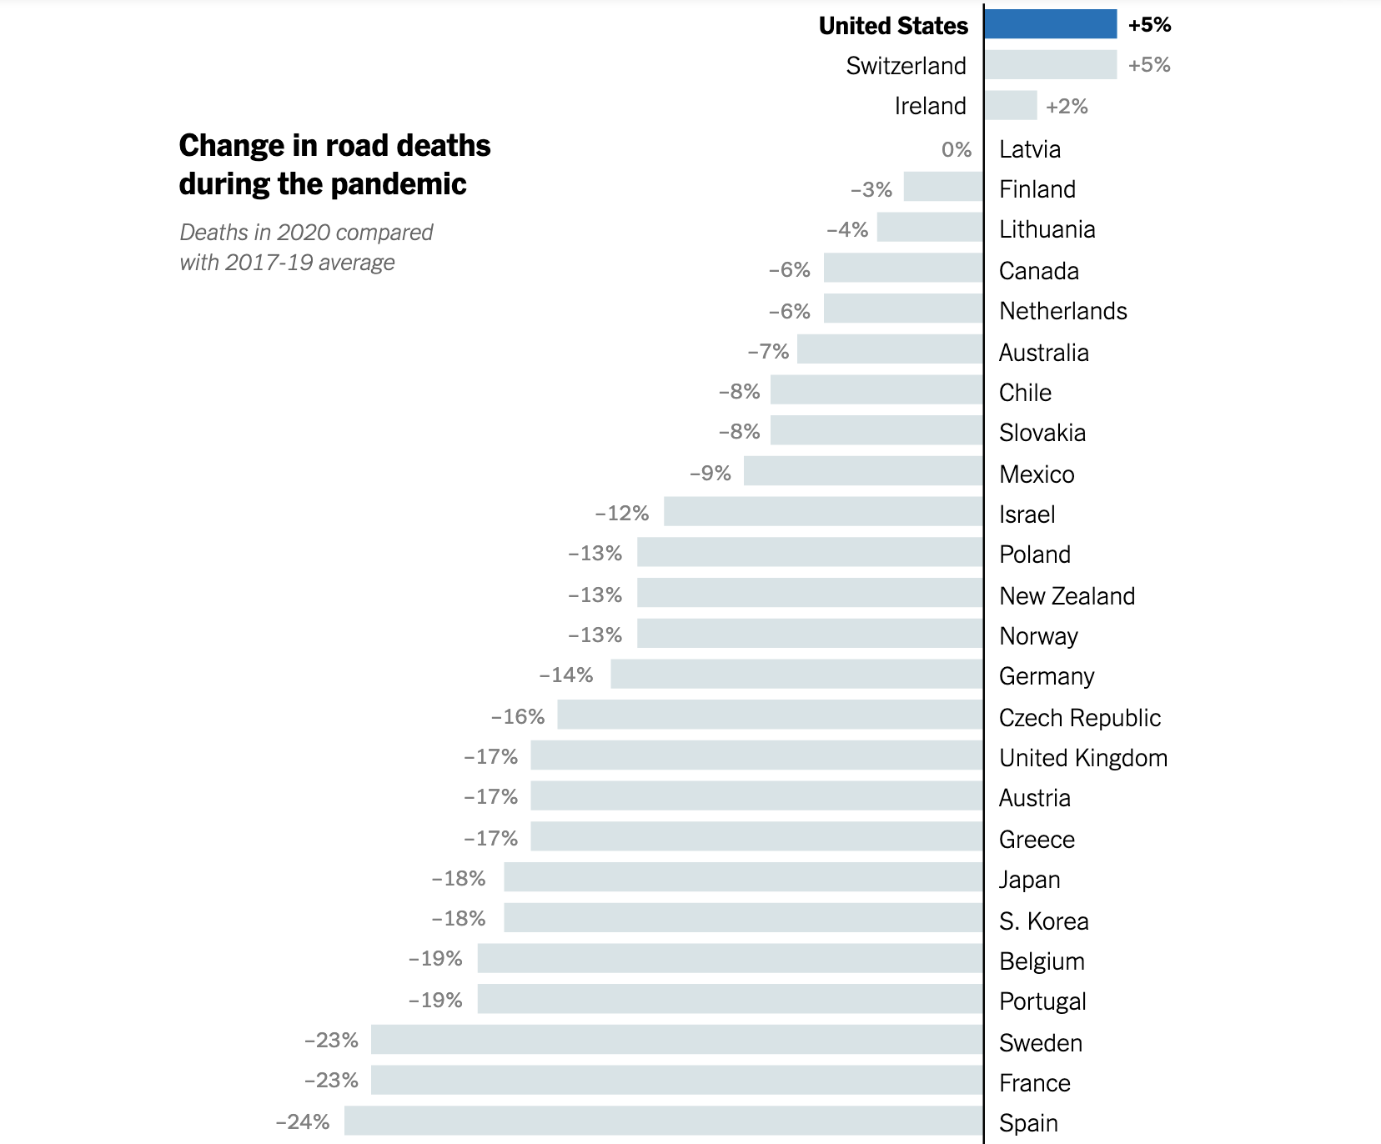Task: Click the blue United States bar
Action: click(x=1050, y=24)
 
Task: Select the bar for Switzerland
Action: click(x=1050, y=64)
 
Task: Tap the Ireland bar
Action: click(x=1010, y=105)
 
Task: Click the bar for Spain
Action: click(x=664, y=1121)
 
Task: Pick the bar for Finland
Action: click(x=943, y=187)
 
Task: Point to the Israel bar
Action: click(x=823, y=511)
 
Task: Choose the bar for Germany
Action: click(x=796, y=674)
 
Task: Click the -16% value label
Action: click(x=518, y=716)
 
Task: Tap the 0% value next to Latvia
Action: click(x=957, y=149)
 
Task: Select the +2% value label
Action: click(x=1067, y=106)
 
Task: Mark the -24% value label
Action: click(x=303, y=1121)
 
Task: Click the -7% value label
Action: click(x=768, y=351)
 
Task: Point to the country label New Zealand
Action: click(x=1067, y=595)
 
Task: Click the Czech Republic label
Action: click(x=1079, y=717)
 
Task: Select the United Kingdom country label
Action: click(x=1082, y=757)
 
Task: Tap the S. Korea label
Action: click(x=1043, y=921)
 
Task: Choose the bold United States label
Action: click(x=893, y=26)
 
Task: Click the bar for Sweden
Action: click(x=677, y=1039)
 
